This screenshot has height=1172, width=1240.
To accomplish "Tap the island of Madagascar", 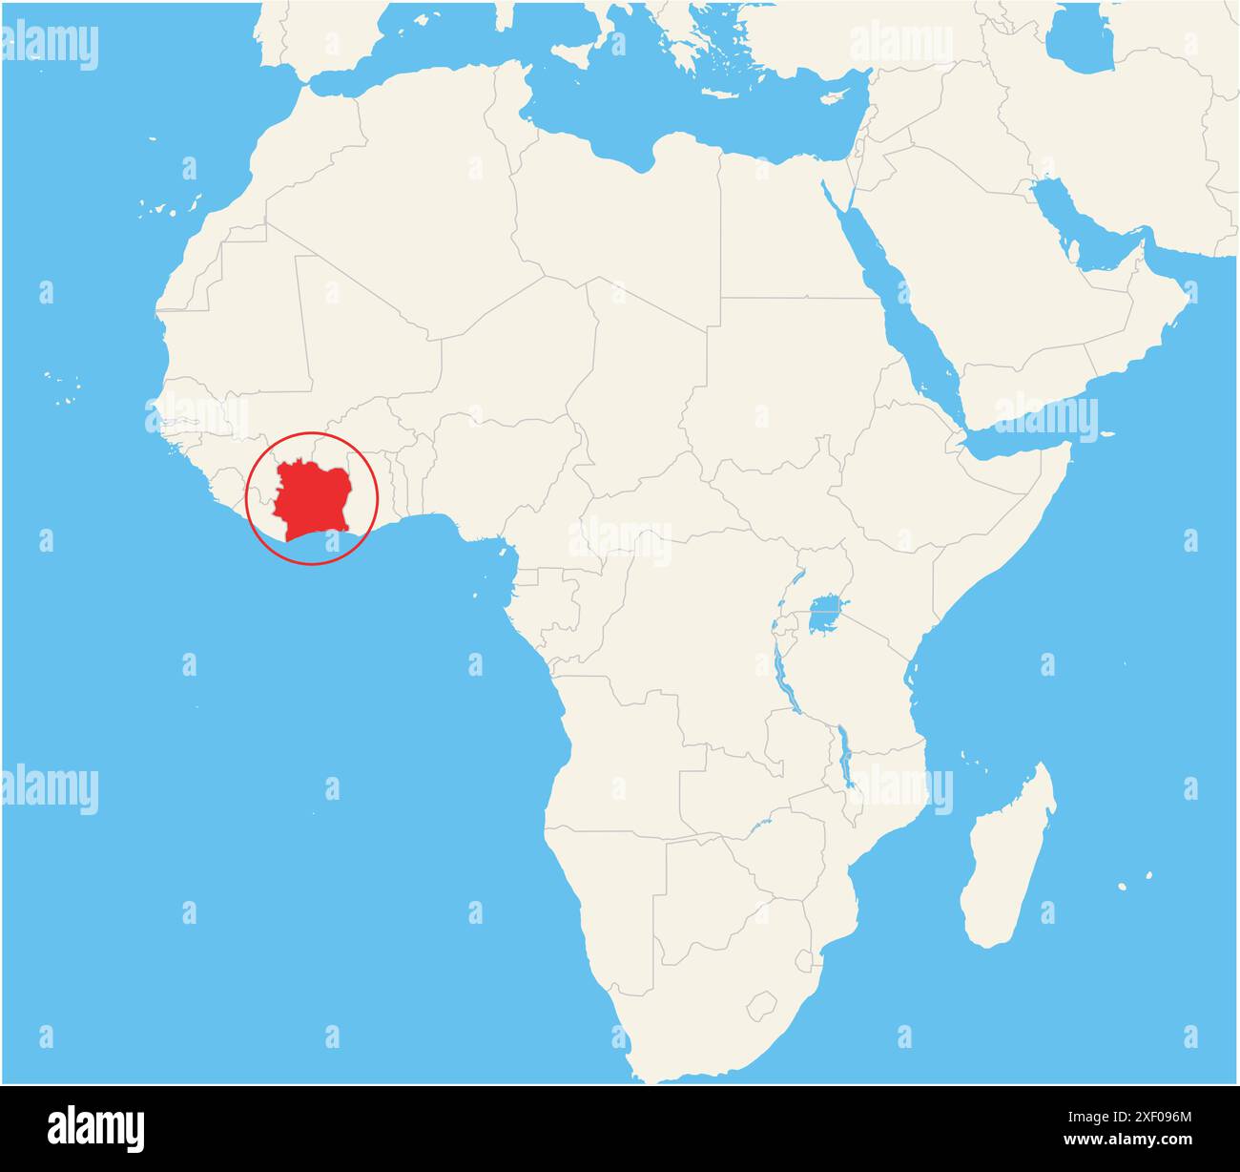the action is [x=1006, y=859].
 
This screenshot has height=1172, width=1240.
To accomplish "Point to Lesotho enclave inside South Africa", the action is [x=762, y=1005].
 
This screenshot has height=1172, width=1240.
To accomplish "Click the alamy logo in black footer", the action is [x=95, y=1127].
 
